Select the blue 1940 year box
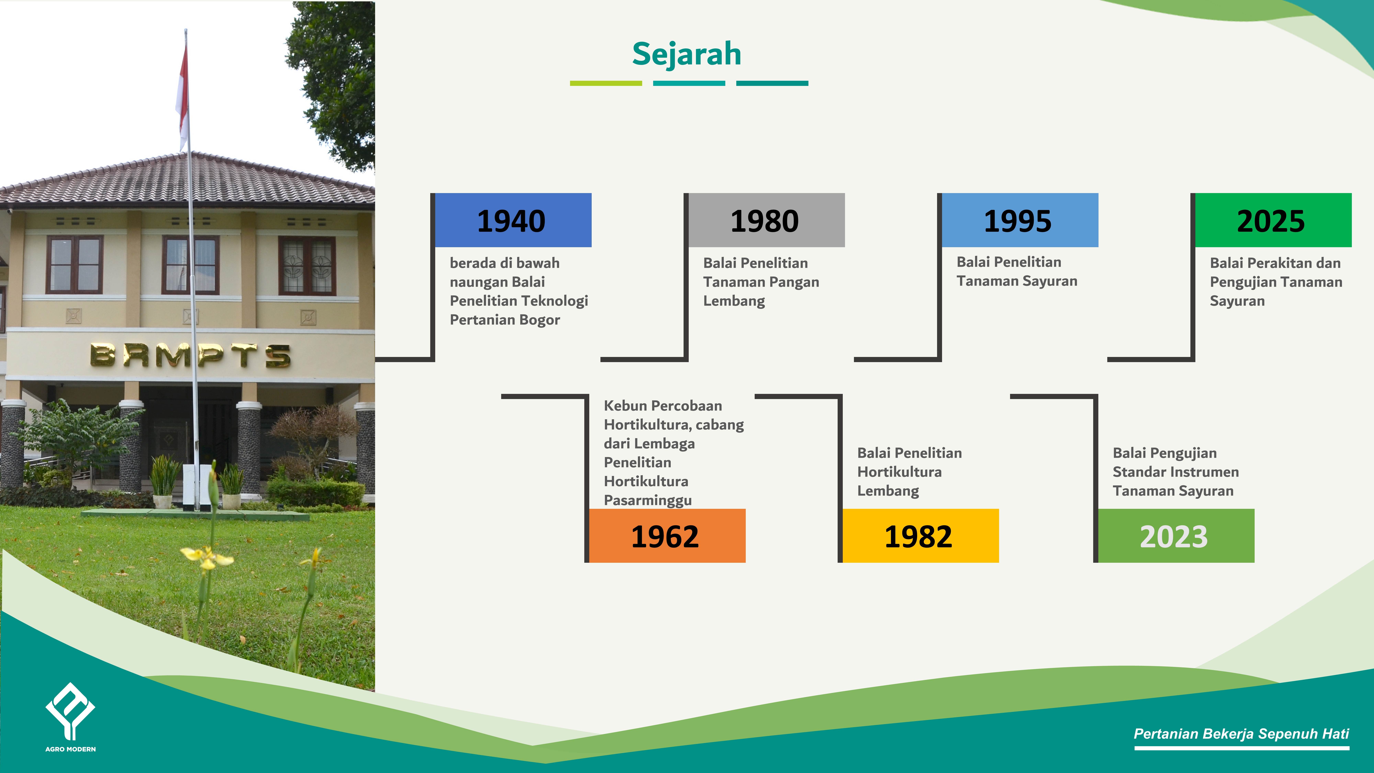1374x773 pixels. pos(513,220)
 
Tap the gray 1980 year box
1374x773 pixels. pos(767,220)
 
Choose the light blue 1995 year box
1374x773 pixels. pos(1020,220)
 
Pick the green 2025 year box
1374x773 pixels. pos(1273,220)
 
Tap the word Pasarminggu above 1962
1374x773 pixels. pos(647,500)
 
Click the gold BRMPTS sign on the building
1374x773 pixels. pos(190,355)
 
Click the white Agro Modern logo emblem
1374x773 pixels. pos(70,711)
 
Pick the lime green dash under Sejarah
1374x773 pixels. pos(606,83)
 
